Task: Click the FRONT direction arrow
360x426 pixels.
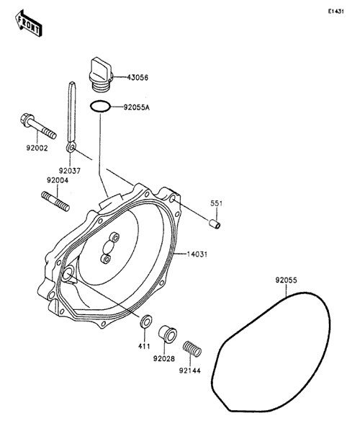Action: click(28, 23)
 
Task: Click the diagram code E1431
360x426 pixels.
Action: click(336, 12)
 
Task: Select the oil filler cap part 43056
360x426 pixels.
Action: click(100, 74)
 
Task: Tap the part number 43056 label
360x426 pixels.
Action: click(138, 78)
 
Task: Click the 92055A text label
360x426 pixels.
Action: click(137, 107)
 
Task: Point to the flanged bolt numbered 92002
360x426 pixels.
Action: click(38, 126)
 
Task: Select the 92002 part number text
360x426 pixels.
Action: click(37, 148)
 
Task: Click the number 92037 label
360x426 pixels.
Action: click(70, 171)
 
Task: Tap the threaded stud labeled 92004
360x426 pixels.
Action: click(55, 202)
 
